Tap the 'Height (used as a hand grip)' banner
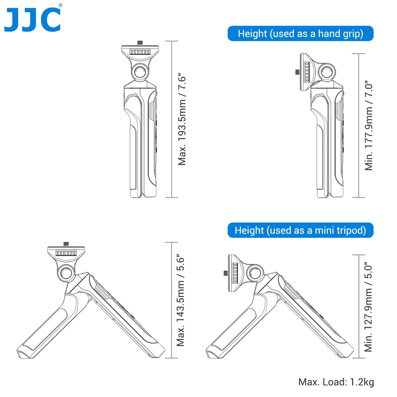point(300,33)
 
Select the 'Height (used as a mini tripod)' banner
point(300,230)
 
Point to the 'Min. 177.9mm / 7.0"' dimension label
point(369,126)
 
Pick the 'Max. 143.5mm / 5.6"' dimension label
point(181,300)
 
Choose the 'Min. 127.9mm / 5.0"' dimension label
point(368,307)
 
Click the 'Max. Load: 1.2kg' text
point(336,382)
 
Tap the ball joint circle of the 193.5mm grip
point(140,72)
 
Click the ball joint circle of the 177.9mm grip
point(327,72)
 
